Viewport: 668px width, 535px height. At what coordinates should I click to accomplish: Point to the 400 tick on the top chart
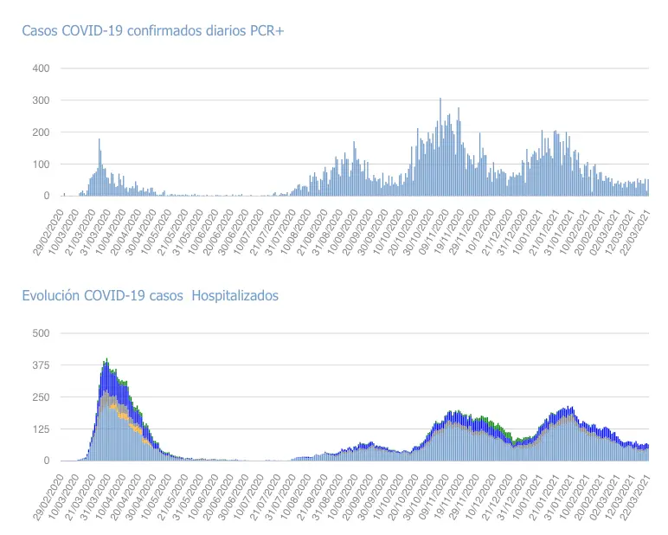click(41, 68)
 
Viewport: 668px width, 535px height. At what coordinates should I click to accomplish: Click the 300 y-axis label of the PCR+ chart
click(41, 100)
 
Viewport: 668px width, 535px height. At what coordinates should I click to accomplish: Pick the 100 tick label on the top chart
click(41, 164)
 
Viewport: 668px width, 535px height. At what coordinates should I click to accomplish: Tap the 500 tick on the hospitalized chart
click(41, 333)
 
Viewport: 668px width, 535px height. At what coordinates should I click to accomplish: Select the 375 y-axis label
click(41, 365)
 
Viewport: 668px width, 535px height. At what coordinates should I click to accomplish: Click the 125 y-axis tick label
click(41, 429)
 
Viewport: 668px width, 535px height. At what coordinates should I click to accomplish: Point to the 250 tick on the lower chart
click(41, 397)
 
